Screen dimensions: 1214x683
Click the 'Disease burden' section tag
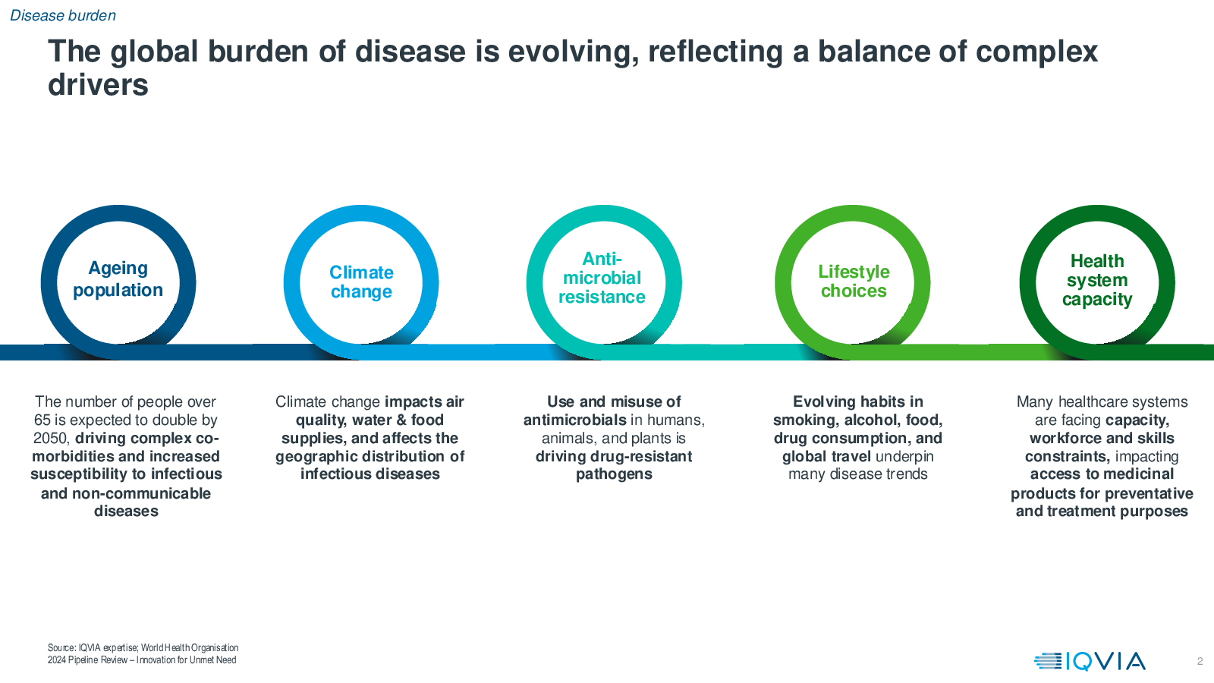point(63,15)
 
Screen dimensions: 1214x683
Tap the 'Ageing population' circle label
point(118,279)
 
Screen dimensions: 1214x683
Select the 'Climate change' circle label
point(361,282)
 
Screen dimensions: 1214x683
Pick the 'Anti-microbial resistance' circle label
point(602,278)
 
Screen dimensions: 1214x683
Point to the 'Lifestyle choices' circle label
point(854,281)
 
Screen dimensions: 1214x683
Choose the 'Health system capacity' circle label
point(1097,280)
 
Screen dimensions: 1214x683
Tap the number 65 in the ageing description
point(42,420)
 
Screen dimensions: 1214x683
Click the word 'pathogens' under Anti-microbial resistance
point(614,474)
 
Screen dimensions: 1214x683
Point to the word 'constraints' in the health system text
point(1065,456)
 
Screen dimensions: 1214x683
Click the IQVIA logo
point(1090,661)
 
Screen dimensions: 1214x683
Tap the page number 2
point(1200,661)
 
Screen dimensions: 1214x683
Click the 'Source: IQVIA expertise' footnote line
point(143,648)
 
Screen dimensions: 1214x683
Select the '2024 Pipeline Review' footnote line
point(142,660)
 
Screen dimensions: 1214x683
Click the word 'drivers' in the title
point(98,85)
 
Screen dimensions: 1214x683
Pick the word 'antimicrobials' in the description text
point(574,420)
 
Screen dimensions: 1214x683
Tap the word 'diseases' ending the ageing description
point(126,511)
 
